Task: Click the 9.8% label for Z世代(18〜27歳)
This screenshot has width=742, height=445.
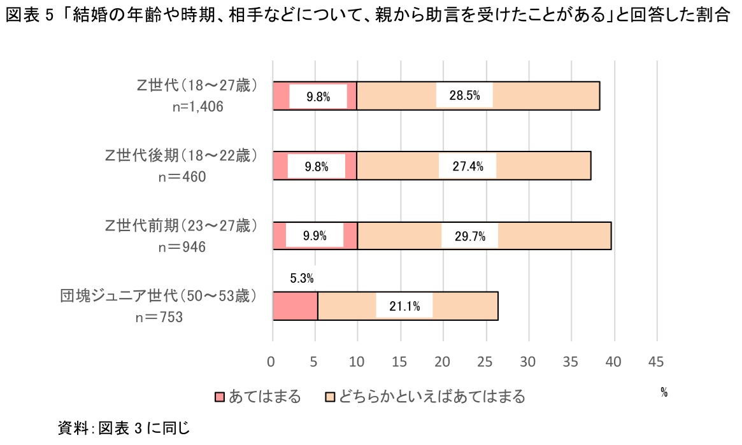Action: (318, 97)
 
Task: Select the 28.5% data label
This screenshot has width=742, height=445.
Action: (464, 97)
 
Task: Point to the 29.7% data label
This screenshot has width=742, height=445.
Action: (470, 236)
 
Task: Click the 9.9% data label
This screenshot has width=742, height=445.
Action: (315, 236)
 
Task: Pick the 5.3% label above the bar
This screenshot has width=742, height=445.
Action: (301, 278)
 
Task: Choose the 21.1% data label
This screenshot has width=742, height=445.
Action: (404, 306)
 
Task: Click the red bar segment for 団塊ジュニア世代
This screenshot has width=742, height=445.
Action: (295, 306)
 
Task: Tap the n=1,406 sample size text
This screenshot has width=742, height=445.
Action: (198, 107)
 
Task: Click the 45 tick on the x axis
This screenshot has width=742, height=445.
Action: (655, 362)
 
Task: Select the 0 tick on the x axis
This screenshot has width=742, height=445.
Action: (272, 362)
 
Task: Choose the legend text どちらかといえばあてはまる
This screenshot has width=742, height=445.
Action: (432, 397)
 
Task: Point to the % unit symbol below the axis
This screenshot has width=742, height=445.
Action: (664, 393)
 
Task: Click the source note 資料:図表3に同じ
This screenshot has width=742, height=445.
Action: (124, 428)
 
